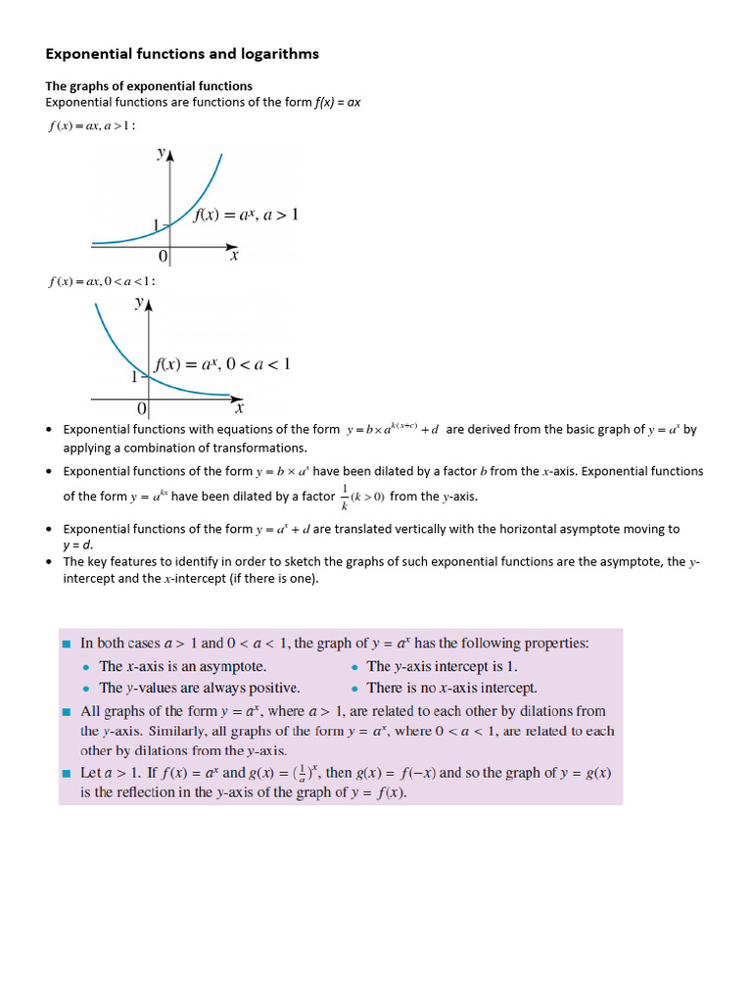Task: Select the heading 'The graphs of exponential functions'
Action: click(149, 86)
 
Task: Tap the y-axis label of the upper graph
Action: click(162, 154)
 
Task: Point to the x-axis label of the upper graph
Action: click(234, 257)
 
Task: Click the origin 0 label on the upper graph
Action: click(163, 257)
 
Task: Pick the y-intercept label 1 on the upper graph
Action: click(157, 225)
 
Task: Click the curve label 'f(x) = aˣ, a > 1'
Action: click(246, 215)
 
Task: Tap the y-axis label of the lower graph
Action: click(140, 304)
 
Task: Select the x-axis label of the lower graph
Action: click(239, 406)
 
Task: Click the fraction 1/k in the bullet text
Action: click(345, 496)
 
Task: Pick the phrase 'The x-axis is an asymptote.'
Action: click(183, 666)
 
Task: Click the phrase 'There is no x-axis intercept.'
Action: click(451, 688)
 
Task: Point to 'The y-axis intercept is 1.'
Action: click(441, 666)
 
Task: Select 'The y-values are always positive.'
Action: click(200, 688)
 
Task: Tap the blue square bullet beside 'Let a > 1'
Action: click(67, 774)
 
